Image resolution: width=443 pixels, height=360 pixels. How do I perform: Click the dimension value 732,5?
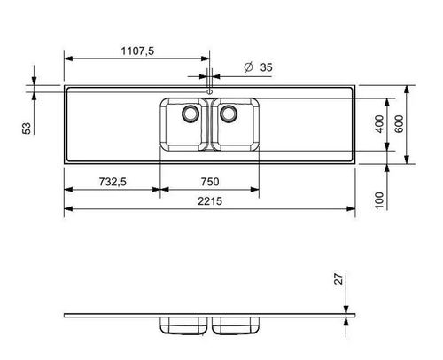[110, 182]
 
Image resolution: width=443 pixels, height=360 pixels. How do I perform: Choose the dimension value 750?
[210, 182]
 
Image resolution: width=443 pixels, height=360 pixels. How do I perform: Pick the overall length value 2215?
[209, 203]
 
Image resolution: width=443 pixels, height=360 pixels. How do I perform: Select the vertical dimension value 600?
[400, 125]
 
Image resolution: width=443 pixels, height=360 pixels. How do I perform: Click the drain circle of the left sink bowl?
[188, 113]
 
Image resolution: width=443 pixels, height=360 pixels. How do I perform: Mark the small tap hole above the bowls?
[210, 91]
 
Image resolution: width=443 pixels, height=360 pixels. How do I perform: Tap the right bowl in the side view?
[236, 327]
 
